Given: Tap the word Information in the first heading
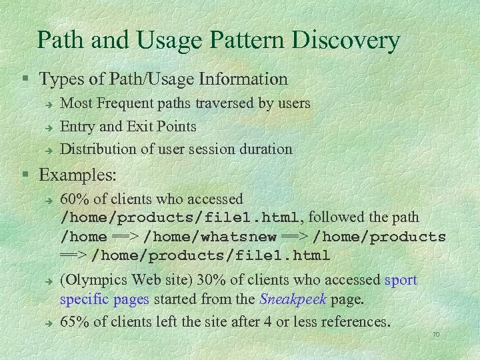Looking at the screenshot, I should (x=243, y=79).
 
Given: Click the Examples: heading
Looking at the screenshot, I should (x=78, y=175).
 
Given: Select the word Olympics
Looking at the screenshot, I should (x=98, y=280).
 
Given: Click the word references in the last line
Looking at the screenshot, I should (x=355, y=322).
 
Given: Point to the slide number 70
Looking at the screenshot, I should (x=437, y=333).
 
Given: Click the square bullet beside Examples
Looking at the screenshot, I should (x=25, y=176).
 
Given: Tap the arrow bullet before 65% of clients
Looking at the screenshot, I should (x=49, y=323).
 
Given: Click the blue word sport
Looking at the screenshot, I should (x=401, y=280).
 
